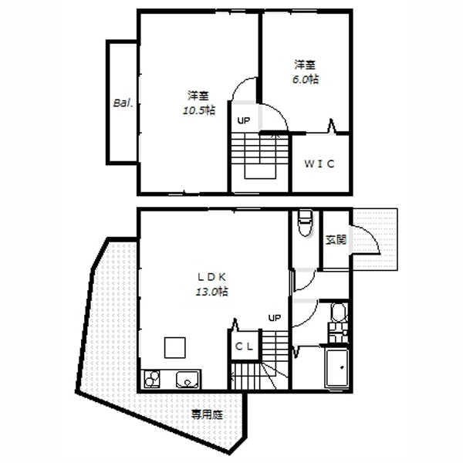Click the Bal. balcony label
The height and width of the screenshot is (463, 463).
click(123, 103)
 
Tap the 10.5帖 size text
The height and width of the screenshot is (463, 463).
click(199, 110)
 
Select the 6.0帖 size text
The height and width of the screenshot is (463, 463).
click(306, 79)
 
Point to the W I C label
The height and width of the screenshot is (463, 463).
click(319, 164)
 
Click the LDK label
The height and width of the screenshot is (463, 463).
click(211, 277)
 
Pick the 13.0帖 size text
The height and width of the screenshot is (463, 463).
click(211, 292)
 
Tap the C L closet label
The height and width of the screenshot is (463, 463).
click(244, 346)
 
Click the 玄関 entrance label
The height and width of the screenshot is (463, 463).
click(336, 239)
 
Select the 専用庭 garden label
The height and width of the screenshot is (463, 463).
click(207, 414)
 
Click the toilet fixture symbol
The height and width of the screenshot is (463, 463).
click(306, 223)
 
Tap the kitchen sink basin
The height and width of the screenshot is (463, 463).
click(188, 379)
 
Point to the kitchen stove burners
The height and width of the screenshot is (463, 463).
click(152, 379)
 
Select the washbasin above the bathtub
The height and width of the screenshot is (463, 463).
click(339, 313)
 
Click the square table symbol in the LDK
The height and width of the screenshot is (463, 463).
click(175, 347)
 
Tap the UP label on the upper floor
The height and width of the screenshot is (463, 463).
click(244, 120)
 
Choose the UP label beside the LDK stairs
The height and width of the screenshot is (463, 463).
click(274, 318)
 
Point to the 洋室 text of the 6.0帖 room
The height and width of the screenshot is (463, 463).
click(305, 65)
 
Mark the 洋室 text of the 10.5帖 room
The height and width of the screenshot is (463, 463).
click(198, 96)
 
